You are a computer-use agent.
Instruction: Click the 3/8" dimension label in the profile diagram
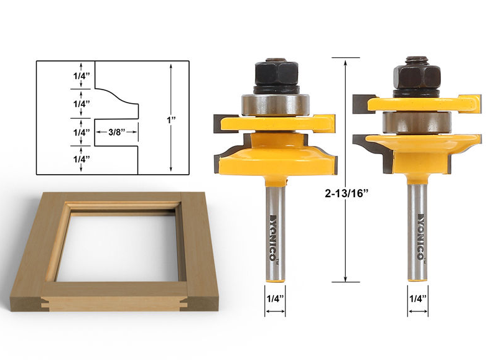(117, 132)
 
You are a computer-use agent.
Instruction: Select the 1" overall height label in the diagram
(171, 120)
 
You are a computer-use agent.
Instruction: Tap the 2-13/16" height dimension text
(346, 193)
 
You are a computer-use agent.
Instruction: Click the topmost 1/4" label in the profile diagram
(81, 76)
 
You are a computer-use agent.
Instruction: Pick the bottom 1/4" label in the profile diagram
(81, 159)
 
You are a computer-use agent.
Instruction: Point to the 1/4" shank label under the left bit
(275, 298)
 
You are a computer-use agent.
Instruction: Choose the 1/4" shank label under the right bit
(418, 298)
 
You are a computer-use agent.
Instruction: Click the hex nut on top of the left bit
(276, 72)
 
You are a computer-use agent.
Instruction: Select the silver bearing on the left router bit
(276, 104)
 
